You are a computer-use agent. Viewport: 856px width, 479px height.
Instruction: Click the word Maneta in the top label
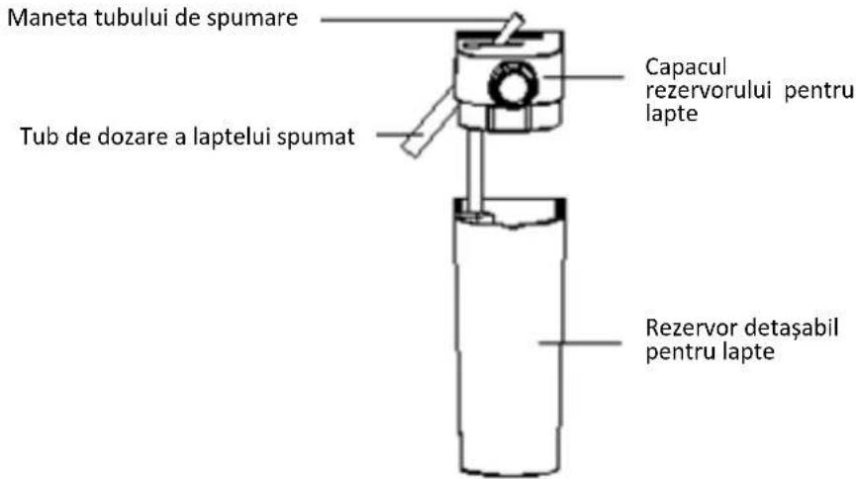click(47, 18)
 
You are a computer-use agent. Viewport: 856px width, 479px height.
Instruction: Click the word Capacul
click(686, 67)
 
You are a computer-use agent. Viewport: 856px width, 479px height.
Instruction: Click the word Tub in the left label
click(40, 136)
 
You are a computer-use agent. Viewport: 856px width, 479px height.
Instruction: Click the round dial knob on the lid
click(512, 85)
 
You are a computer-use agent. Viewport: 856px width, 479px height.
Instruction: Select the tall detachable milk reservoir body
click(510, 337)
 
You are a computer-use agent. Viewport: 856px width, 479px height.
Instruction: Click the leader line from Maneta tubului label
click(414, 20)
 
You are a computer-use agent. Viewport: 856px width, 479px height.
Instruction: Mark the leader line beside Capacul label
click(583, 77)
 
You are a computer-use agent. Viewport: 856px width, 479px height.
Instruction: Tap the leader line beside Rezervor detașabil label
click(580, 343)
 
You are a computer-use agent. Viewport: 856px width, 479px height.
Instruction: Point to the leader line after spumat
click(399, 135)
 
